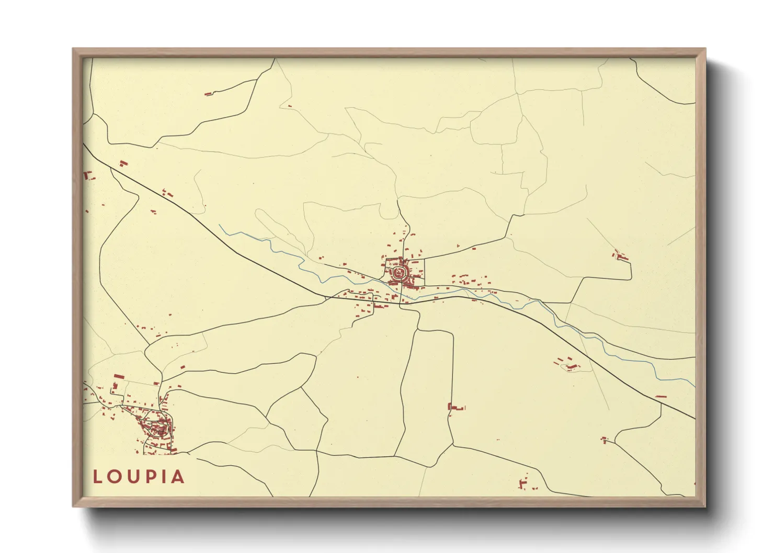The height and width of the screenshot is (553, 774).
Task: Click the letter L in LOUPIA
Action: tap(98, 477)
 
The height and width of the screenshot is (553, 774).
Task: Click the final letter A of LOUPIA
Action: tap(178, 477)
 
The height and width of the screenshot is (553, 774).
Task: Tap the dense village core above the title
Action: tap(156, 426)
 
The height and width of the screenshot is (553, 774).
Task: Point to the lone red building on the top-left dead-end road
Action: tap(208, 94)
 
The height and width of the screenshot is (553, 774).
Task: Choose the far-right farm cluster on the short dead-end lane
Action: tap(621, 256)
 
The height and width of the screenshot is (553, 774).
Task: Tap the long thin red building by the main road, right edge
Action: tap(661, 397)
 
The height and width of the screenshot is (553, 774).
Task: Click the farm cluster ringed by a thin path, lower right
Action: tap(568, 364)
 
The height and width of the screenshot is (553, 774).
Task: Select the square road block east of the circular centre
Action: tap(417, 272)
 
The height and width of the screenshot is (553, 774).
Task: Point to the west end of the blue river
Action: tap(220, 225)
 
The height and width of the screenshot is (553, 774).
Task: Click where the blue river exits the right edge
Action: tap(695, 386)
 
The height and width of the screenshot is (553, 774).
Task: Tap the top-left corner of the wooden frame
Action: tap(74, 49)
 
